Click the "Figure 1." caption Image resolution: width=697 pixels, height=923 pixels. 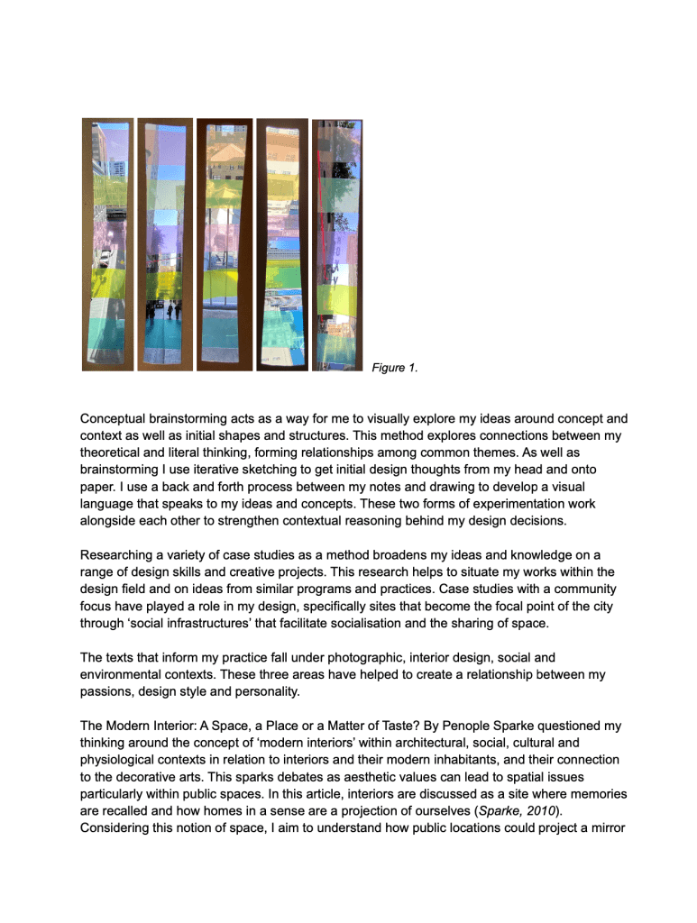[x=394, y=368]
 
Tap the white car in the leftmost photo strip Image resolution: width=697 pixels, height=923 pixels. [x=106, y=258]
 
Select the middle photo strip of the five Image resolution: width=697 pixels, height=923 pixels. [x=225, y=245]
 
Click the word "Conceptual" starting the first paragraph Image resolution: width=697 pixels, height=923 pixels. [x=117, y=419]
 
